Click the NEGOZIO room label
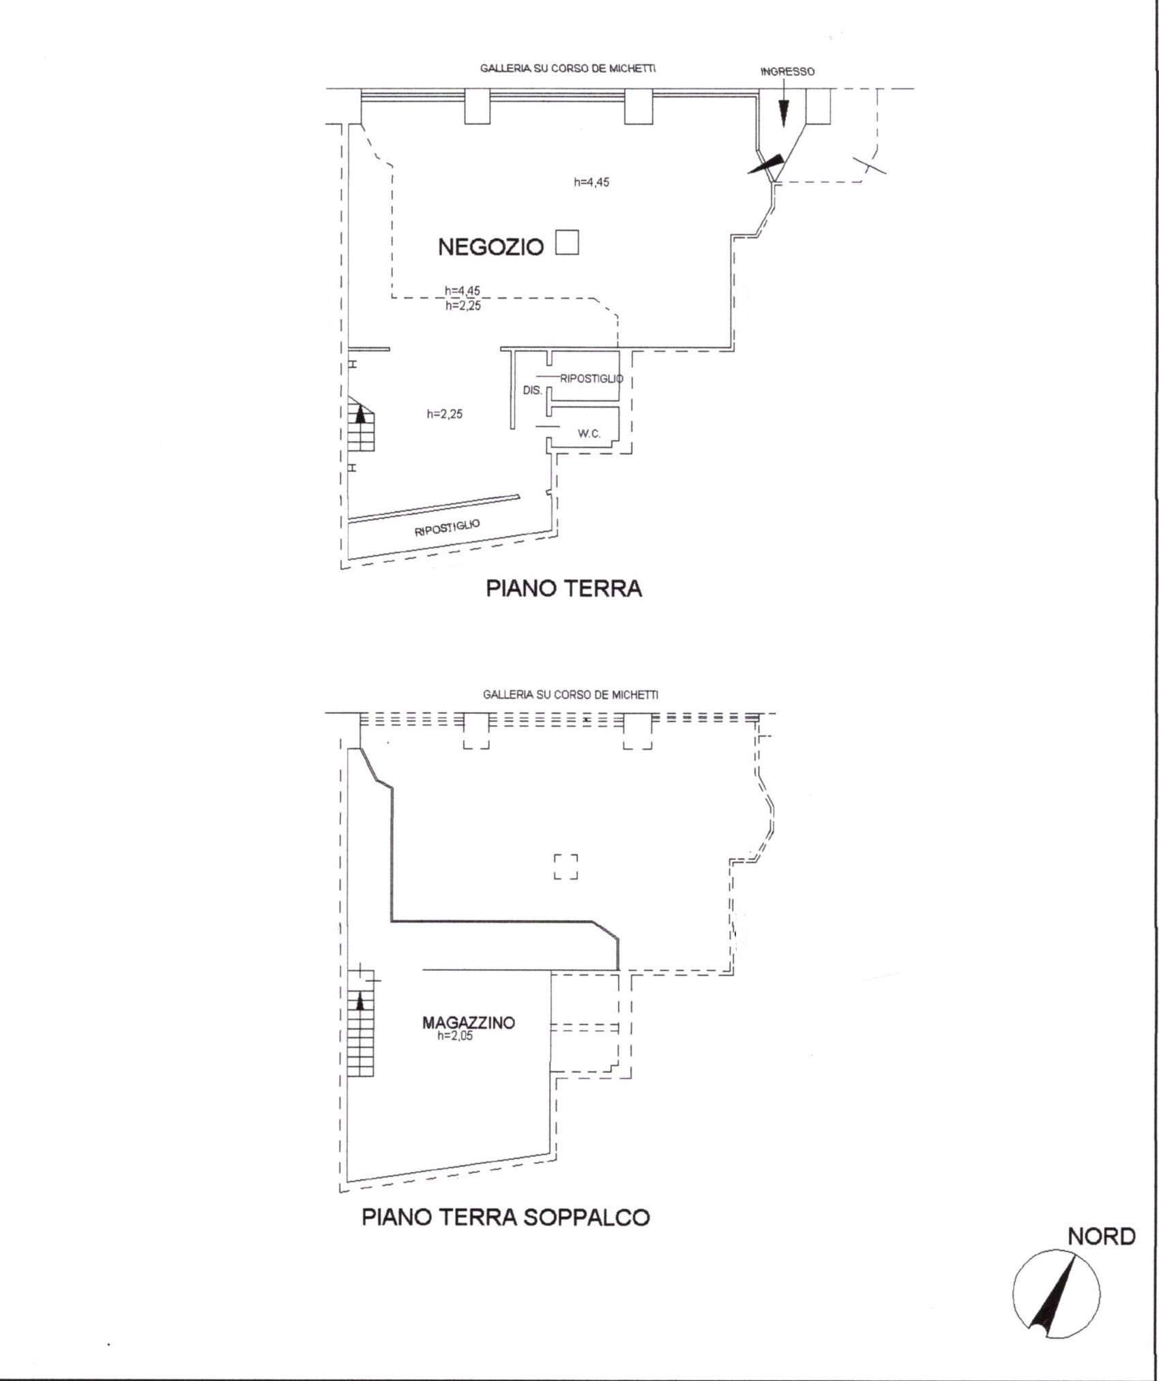pyautogui.click(x=490, y=247)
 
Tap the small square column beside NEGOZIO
pyautogui.click(x=567, y=242)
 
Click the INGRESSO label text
pyautogui.click(x=788, y=71)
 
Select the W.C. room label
pyautogui.click(x=589, y=433)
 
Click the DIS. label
pyautogui.click(x=532, y=391)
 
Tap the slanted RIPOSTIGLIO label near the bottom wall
pyautogui.click(x=448, y=528)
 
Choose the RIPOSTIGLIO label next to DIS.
pyautogui.click(x=591, y=378)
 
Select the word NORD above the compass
pyautogui.click(x=1102, y=1236)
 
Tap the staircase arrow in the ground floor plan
pyautogui.click(x=361, y=413)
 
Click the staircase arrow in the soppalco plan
pyautogui.click(x=361, y=1000)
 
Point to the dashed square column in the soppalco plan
pyautogui.click(x=566, y=866)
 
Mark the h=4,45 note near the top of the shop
pyautogui.click(x=591, y=182)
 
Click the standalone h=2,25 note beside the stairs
pyautogui.click(x=445, y=414)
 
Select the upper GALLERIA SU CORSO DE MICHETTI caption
pyautogui.click(x=568, y=68)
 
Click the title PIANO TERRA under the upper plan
pyautogui.click(x=564, y=589)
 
